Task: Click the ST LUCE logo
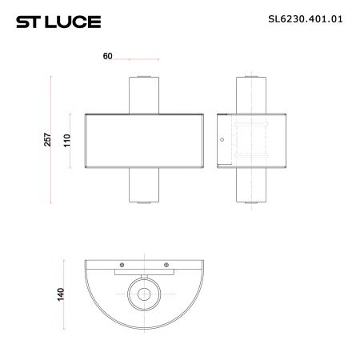pyautogui.click(x=58, y=22)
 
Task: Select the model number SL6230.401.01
pyautogui.click(x=306, y=19)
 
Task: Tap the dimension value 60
pyautogui.click(x=107, y=56)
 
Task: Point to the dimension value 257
pyautogui.click(x=47, y=139)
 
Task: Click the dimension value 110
pyautogui.click(x=67, y=140)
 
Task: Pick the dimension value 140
pyautogui.click(x=61, y=294)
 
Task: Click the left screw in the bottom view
pyautogui.click(x=122, y=265)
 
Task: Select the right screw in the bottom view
pyautogui.click(x=166, y=265)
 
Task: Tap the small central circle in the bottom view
pyautogui.click(x=144, y=294)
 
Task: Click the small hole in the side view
pyautogui.click(x=222, y=139)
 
